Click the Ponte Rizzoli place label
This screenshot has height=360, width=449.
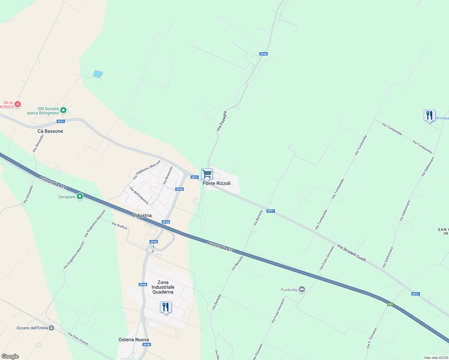click(x=216, y=183)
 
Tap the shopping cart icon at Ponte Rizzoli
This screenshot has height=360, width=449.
click(x=207, y=174)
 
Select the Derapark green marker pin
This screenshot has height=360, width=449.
click(x=80, y=196)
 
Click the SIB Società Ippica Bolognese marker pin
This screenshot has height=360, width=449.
click(x=63, y=110)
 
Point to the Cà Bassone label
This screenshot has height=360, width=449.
click(x=50, y=131)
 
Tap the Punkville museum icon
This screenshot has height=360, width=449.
click(x=302, y=289)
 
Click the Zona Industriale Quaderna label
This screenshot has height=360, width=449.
click(x=163, y=287)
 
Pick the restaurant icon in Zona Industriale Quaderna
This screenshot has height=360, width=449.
click(x=166, y=307)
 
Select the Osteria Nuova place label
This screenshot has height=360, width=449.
click(x=134, y=340)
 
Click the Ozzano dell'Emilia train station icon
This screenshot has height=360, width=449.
click(x=52, y=328)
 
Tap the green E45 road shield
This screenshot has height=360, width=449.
click(x=390, y=304)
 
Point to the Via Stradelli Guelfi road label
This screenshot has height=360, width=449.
click(x=351, y=253)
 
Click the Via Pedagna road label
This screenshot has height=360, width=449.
click(x=221, y=121)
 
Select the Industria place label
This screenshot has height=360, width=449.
click(x=142, y=215)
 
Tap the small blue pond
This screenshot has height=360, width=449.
click(x=98, y=74)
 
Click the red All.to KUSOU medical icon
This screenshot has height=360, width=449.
click(x=18, y=104)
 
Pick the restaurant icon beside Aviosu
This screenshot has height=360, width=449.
click(x=429, y=115)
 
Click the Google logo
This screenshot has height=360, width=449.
click(x=10, y=356)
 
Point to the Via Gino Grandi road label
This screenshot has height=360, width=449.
click(x=78, y=338)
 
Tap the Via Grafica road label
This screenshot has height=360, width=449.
click(x=119, y=226)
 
